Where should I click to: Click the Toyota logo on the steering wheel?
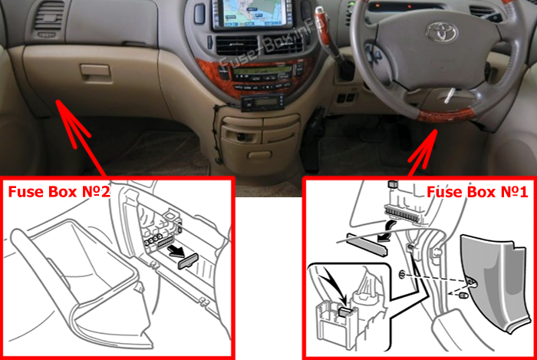point(442,32)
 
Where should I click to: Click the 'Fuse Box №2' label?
point(59,192)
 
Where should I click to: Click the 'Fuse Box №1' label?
point(477,192)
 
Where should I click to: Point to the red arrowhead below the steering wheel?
point(426,147)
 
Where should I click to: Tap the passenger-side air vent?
point(49,19)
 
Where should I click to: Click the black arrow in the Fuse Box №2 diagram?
point(176,252)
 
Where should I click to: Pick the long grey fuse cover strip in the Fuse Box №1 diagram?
point(367,245)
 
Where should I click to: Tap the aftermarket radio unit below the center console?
point(262,102)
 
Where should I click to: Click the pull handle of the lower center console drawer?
point(260,155)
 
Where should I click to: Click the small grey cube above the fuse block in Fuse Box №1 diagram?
point(393,184)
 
